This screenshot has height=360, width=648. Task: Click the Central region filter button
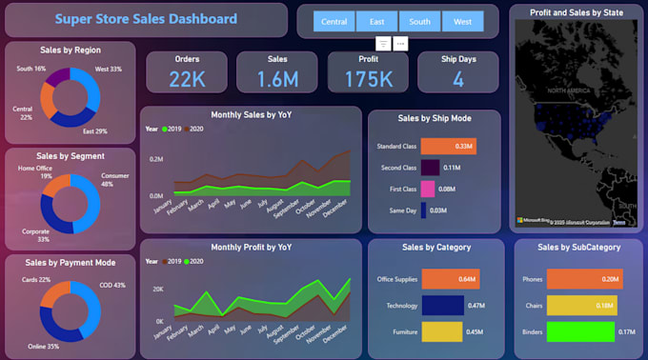click(334, 22)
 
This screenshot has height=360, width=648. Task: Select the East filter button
click(377, 22)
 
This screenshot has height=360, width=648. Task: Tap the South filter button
click(419, 22)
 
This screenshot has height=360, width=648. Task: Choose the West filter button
click(462, 22)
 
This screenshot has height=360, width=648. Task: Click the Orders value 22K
click(187, 79)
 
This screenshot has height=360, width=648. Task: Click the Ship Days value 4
click(457, 79)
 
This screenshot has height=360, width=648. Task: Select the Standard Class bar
click(448, 147)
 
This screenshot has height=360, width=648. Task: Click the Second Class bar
click(430, 168)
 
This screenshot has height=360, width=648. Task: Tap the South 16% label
click(30, 69)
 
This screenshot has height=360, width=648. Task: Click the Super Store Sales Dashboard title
click(146, 19)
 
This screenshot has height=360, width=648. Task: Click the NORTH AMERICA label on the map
click(569, 90)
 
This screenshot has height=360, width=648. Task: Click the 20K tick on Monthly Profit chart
click(158, 289)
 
